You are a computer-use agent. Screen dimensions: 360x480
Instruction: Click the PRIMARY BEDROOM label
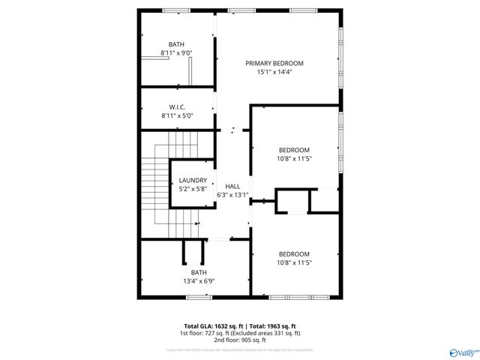pyautogui.click(x=274, y=63)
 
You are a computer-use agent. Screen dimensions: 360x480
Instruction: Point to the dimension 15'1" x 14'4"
pyautogui.click(x=274, y=73)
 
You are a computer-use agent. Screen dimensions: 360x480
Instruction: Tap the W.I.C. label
pyautogui.click(x=177, y=107)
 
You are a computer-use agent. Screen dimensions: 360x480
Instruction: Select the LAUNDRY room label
pyautogui.click(x=193, y=181)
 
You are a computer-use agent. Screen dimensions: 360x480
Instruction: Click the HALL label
pyautogui.click(x=232, y=186)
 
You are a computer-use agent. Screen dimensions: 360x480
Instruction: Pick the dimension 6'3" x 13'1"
pyautogui.click(x=232, y=195)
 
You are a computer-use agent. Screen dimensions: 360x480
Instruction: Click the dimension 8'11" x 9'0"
pyautogui.click(x=177, y=54)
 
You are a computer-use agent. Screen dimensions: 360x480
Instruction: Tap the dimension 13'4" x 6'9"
pyautogui.click(x=199, y=281)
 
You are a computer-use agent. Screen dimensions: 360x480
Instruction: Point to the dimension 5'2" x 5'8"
pyautogui.click(x=193, y=190)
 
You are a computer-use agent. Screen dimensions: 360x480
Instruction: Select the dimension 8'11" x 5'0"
pyautogui.click(x=177, y=116)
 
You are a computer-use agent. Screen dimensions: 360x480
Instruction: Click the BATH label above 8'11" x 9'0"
pyautogui.click(x=177, y=45)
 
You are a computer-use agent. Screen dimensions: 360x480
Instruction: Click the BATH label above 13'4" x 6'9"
pyautogui.click(x=199, y=272)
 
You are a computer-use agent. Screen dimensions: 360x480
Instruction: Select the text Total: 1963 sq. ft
pyautogui.click(x=274, y=325)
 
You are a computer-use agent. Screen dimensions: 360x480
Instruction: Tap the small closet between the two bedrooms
pyautogui.click(x=292, y=202)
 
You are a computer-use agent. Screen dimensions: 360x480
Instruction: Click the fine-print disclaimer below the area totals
pyautogui.click(x=239, y=349)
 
